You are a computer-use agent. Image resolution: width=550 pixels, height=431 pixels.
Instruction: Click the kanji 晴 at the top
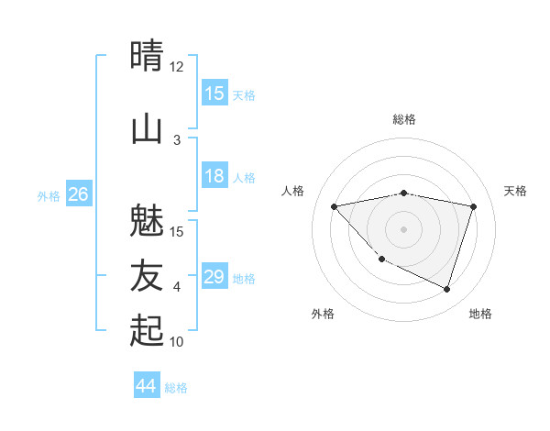(148, 55)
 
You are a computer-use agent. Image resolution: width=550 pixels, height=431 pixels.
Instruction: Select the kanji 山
(148, 128)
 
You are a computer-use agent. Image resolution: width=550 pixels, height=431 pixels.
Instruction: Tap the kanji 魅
(148, 220)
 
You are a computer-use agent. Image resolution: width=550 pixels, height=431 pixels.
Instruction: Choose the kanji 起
(148, 330)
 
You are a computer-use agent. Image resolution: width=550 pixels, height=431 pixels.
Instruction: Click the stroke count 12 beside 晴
(177, 67)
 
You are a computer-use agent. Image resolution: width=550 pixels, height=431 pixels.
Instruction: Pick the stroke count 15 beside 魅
(177, 231)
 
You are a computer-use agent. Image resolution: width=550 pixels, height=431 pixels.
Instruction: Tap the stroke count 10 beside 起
(177, 342)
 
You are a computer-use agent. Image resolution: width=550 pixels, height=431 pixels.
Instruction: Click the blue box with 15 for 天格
(214, 94)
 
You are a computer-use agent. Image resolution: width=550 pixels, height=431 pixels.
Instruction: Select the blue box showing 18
(214, 177)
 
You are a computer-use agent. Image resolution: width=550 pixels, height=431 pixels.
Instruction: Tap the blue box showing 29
(214, 277)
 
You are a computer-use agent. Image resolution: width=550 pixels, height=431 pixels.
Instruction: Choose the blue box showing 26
(79, 194)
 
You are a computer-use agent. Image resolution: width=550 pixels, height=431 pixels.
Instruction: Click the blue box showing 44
(147, 387)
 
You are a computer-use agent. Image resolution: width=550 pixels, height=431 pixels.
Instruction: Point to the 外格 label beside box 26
(49, 195)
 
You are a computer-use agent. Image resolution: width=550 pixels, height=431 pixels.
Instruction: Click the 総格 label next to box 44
(176, 388)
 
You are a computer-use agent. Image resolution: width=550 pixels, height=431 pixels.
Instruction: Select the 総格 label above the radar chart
(403, 119)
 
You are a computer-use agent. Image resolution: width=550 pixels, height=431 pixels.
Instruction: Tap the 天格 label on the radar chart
(516, 191)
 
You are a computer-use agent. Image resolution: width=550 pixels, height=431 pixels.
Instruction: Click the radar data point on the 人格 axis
(334, 206)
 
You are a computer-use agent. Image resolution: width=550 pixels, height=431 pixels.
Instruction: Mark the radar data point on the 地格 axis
(446, 289)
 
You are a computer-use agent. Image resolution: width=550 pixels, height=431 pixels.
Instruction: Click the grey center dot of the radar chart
(403, 228)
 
